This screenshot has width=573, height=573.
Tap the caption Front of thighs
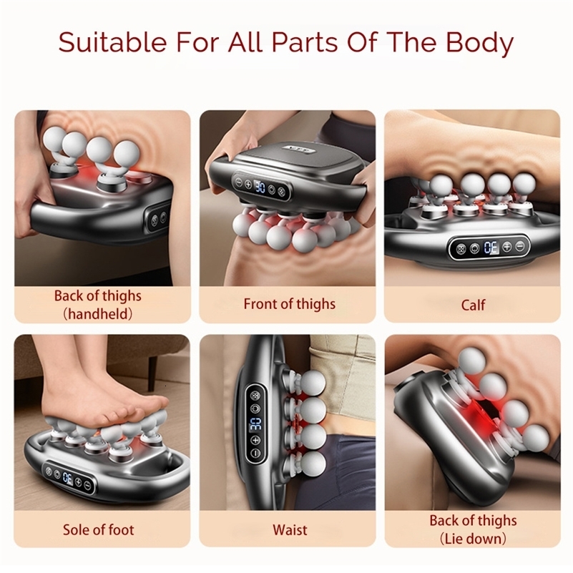coord(289,304)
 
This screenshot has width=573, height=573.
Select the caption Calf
coord(473,305)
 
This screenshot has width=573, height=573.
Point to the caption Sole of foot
coord(99,530)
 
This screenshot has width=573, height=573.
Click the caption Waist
coord(289,530)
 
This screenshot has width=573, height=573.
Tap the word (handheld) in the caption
coord(98,313)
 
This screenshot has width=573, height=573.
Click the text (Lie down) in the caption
coord(473,539)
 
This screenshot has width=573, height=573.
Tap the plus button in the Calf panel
coord(506,248)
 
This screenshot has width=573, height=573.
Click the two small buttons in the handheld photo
coord(158,217)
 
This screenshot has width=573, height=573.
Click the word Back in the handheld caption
coord(69,296)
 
